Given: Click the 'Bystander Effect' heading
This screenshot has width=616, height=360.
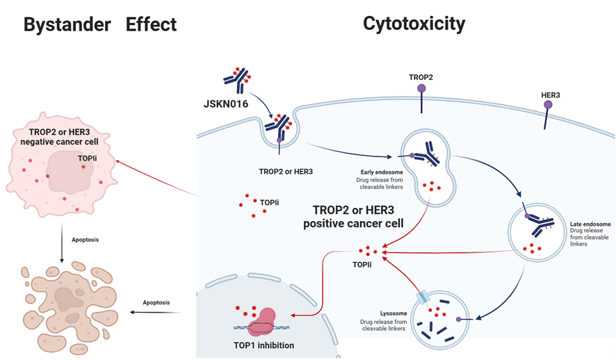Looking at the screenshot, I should [100, 25].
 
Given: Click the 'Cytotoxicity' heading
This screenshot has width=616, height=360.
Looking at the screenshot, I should [414, 24].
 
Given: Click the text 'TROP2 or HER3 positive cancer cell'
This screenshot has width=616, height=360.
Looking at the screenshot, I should [348, 216].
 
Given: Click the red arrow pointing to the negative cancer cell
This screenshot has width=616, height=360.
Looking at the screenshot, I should [160, 177].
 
